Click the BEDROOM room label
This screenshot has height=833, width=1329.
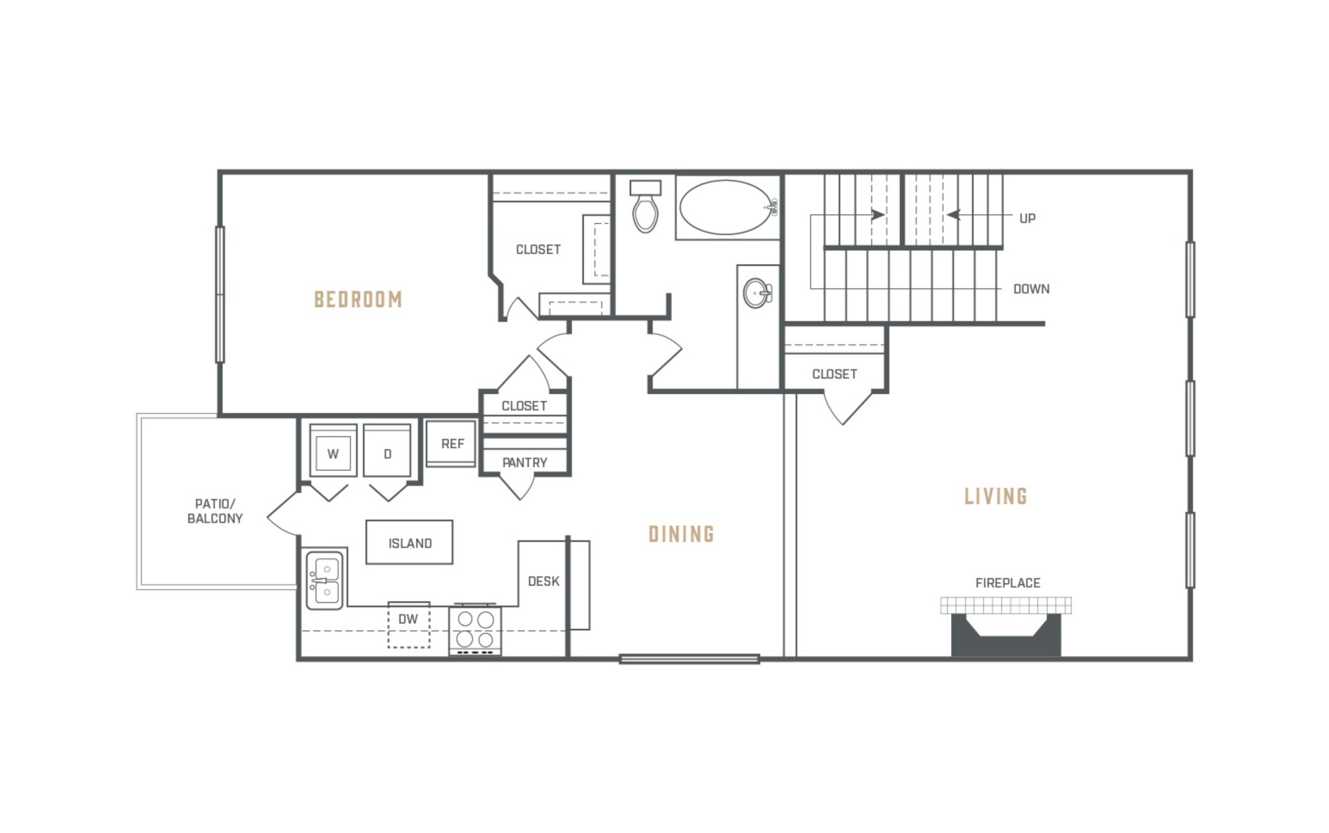pos(358,299)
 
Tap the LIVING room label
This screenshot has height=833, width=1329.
pos(996,496)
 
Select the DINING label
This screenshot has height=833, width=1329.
pos(681,534)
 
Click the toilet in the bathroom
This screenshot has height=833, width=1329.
pos(645,207)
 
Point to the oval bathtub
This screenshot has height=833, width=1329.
pos(726,207)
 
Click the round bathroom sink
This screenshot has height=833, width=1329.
pos(757,293)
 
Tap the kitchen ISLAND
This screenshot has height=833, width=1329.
pos(410,542)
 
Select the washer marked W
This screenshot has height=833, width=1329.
pos(333,450)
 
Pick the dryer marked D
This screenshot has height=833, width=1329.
pos(387,450)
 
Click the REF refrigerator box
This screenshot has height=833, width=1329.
pos(451,444)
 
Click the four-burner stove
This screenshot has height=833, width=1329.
pos(475,630)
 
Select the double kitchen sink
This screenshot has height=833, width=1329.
pos(324,581)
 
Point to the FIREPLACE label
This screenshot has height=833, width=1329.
pos(1008,583)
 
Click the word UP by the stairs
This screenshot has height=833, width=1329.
pos(1027,219)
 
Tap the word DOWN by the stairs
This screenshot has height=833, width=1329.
pos(1032,289)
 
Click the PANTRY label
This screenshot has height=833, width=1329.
pos(524,463)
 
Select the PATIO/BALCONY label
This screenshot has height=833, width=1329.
pos(215,511)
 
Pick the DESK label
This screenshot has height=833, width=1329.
pos(544,581)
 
